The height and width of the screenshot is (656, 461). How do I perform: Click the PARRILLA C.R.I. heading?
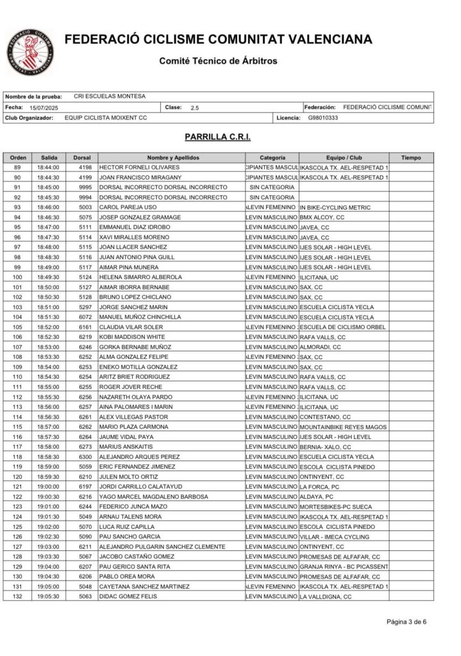click(217, 137)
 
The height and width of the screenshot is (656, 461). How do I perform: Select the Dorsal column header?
click(82, 157)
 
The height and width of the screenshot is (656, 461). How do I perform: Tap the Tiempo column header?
click(411, 157)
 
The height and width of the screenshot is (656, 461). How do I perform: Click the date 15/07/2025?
click(44, 108)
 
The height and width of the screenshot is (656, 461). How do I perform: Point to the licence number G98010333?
click(323, 118)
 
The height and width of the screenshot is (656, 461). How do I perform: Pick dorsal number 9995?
click(82, 187)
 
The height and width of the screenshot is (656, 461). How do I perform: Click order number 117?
click(17, 446)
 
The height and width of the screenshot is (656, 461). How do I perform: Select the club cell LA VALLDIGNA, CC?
click(326, 596)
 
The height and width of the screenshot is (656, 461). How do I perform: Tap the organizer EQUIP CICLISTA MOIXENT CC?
click(106, 118)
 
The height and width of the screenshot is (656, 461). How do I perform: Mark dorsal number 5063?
click(82, 596)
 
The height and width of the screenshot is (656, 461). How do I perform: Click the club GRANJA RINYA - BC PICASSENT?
click(344, 567)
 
